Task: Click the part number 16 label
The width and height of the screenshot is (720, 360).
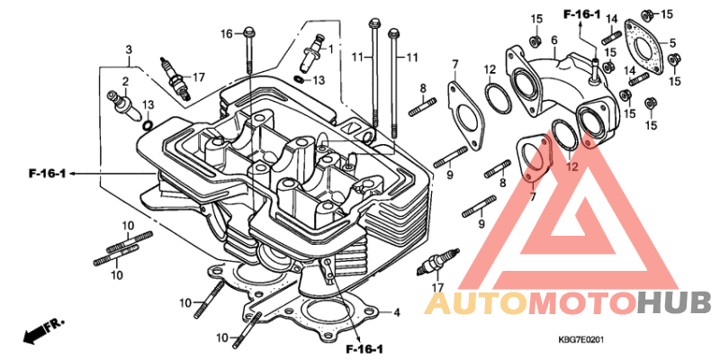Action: point(227,33)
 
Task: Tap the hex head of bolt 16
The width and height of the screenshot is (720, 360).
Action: point(249,32)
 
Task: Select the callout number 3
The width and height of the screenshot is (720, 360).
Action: point(129,49)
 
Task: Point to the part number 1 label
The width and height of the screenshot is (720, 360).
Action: point(329,48)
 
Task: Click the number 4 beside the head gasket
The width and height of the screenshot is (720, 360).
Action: point(396,313)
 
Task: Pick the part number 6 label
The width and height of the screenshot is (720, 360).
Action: point(554,40)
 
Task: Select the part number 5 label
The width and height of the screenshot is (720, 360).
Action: point(672,43)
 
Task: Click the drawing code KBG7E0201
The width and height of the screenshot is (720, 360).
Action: point(580,340)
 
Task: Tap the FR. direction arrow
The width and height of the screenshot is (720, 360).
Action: point(43,331)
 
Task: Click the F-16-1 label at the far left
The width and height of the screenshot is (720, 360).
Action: point(47,174)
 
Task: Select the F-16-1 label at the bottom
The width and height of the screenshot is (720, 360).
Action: point(364,349)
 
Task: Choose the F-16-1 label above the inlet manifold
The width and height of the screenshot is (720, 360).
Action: point(581,14)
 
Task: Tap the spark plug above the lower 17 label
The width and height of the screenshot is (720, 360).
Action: point(437,262)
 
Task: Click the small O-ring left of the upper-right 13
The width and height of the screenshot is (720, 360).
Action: point(298,78)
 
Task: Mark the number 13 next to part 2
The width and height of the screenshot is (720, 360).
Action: point(147,104)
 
